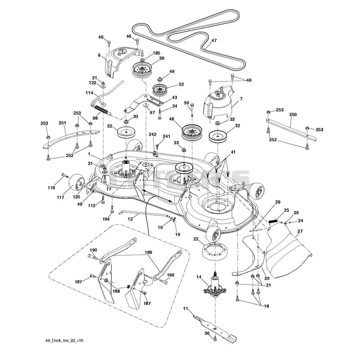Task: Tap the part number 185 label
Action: [x=156, y=53]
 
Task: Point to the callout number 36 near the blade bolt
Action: [x=207, y=333]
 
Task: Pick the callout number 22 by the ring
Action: [x=196, y=239]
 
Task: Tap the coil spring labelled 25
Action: [x=273, y=221]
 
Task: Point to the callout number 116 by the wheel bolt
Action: [x=51, y=188]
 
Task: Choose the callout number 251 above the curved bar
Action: [x=62, y=123]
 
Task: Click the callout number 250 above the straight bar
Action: [x=293, y=115]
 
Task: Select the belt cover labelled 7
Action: [x=219, y=103]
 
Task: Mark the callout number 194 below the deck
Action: [x=106, y=219]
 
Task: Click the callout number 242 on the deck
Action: [x=153, y=134]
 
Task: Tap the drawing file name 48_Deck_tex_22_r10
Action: [x=64, y=341]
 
